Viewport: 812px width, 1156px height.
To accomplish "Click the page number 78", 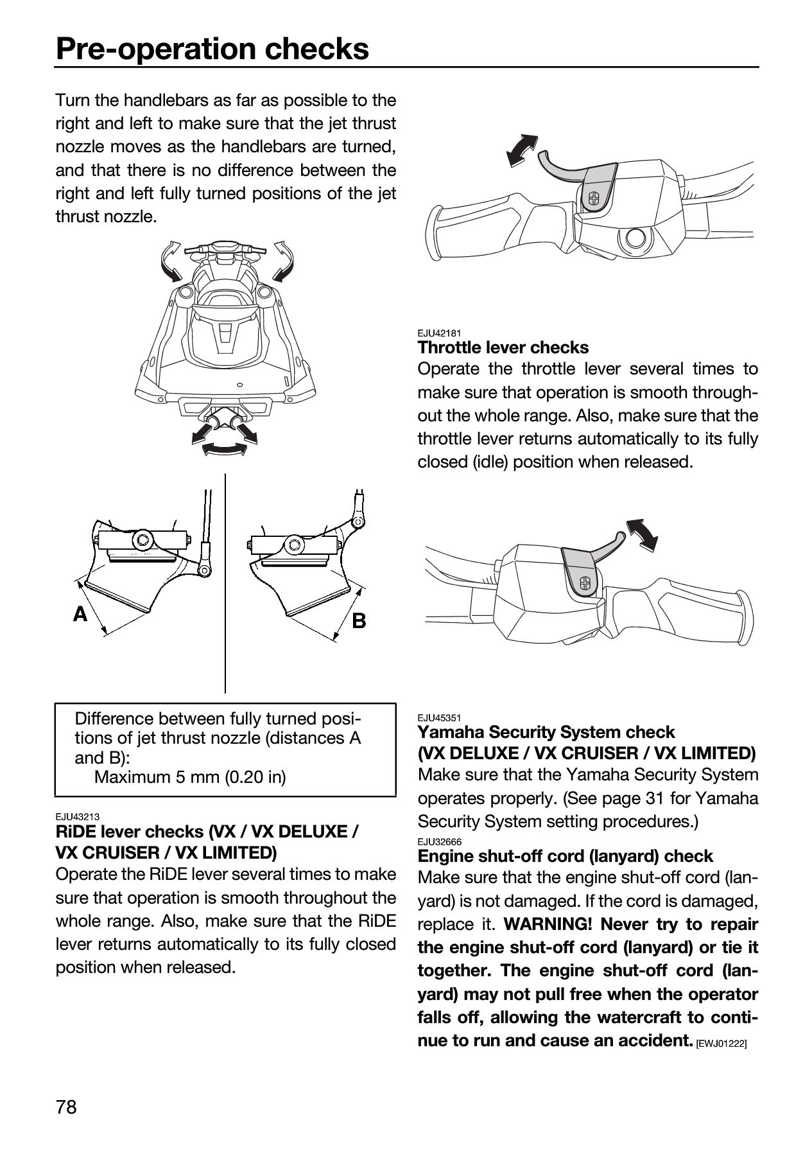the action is pos(66,1107).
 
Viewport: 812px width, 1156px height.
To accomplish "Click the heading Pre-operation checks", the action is pos(212,48).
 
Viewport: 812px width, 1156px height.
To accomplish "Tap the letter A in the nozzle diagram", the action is pos(80,615).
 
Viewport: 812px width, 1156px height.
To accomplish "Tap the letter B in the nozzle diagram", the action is pos(359,620).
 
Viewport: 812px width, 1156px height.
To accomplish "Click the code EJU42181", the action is pos(439,333).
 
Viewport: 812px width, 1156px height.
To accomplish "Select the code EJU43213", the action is pos(78,817).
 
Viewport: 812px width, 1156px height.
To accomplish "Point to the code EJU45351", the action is pos(439,717).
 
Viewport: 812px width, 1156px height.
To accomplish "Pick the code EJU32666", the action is pos(439,841).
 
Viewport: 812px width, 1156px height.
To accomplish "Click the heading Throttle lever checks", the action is pos(503,347).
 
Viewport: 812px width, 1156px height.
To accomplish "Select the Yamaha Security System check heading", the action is pos(546,732).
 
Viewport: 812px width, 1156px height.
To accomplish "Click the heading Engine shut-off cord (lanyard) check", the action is pos(566,856).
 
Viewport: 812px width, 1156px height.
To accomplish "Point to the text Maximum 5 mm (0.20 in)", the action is pos(190,777).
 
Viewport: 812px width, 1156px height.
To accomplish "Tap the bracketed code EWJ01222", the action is pos(721,1045).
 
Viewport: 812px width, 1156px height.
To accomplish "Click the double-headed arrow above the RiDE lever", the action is pos(521,151).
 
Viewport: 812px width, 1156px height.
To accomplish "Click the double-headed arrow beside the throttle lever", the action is pos(642,534).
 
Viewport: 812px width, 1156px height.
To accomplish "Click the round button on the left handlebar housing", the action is pos(636,238).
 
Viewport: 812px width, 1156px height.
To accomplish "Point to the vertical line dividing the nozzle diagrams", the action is pos(225,583).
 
